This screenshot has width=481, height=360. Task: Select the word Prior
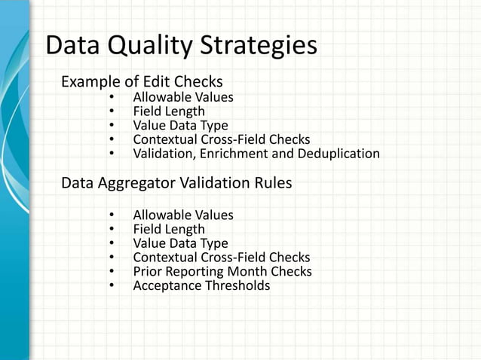[147, 271]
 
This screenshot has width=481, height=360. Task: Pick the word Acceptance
[164, 285]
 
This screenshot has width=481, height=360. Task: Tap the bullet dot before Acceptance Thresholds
[111, 285]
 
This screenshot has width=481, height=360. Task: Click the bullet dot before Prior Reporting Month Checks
[111, 271]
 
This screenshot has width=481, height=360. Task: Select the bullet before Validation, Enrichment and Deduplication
[111, 154]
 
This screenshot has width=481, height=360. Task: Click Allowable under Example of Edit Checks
[161, 97]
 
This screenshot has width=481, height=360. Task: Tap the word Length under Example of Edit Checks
[186, 111]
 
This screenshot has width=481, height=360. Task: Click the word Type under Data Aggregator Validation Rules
[213, 243]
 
